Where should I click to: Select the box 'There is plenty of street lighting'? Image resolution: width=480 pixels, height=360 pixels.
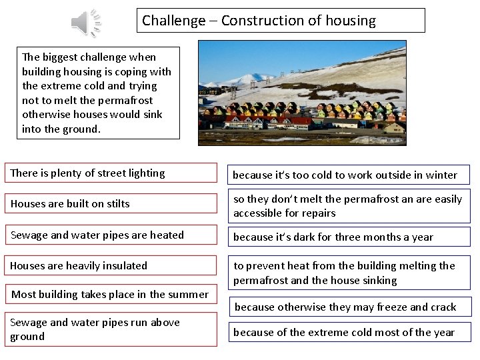pyautogui.click(x=111, y=173)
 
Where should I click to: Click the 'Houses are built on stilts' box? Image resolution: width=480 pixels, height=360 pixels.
pyautogui.click(x=111, y=204)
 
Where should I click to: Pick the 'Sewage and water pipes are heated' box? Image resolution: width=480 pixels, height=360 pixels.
pyautogui.click(x=111, y=235)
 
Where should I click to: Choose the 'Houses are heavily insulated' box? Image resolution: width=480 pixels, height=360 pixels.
pyautogui.click(x=111, y=265)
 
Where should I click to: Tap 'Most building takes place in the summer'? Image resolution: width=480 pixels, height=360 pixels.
pyautogui.click(x=110, y=294)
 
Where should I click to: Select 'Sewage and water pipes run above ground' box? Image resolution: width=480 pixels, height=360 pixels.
pyautogui.click(x=111, y=329)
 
